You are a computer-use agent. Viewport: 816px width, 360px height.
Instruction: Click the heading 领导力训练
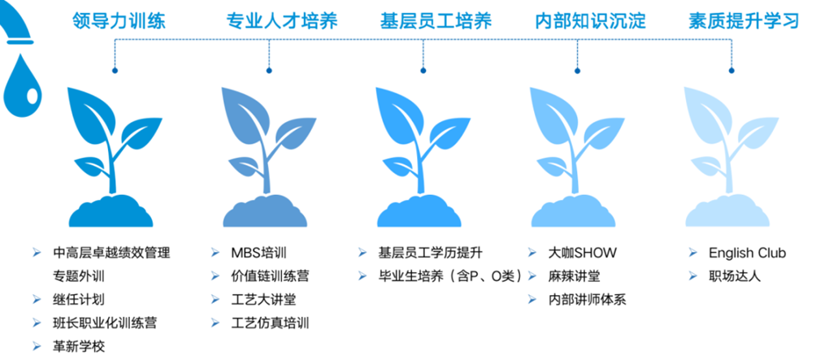tap(119, 21)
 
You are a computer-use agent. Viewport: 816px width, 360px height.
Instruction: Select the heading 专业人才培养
tap(281, 21)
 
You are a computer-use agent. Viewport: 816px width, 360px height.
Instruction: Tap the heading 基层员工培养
tap(436, 21)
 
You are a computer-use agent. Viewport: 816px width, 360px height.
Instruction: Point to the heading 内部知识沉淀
tap(591, 21)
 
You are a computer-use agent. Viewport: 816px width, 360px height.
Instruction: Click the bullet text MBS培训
tap(258, 254)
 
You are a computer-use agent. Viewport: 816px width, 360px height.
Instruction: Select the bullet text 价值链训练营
tap(270, 276)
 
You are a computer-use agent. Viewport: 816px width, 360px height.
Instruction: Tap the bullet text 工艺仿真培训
tap(270, 323)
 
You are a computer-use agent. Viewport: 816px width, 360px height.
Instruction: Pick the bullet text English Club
tap(747, 254)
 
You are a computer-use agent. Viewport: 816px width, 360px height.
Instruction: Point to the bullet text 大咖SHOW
tap(583, 254)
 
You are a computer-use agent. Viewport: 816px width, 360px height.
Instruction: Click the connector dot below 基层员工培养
tap(423, 70)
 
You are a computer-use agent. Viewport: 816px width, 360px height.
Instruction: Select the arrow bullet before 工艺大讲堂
tap(215, 300)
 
